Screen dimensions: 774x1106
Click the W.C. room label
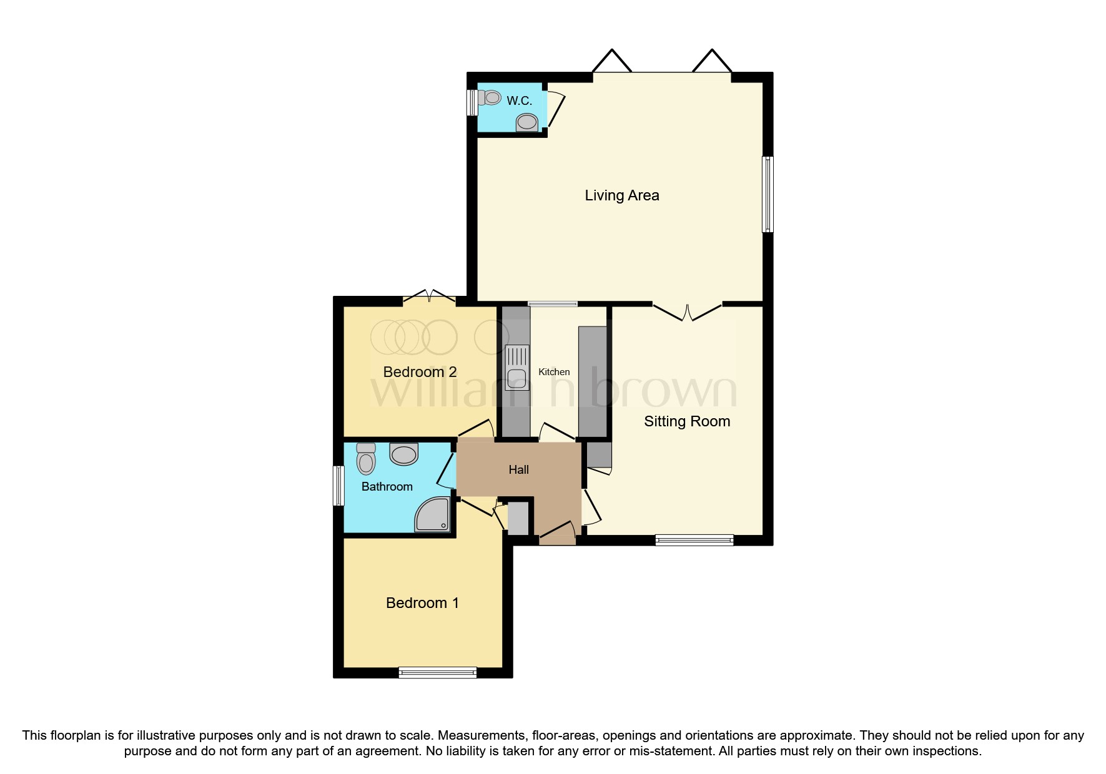(519, 100)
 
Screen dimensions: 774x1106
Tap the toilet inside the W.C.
(490, 98)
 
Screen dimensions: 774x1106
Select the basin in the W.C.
(527, 122)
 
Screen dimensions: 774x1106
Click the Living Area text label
(621, 195)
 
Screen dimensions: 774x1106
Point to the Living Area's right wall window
(768, 194)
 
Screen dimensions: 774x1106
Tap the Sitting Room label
(687, 421)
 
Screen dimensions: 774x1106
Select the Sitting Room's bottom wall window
(694, 540)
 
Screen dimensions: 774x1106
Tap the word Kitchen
(554, 372)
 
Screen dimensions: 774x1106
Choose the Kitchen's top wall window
(553, 304)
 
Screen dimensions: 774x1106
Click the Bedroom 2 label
(420, 372)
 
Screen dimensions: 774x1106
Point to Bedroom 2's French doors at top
(430, 297)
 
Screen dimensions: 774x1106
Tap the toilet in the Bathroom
(366, 459)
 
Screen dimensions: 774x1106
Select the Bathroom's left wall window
(338, 486)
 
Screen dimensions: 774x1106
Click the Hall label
(518, 470)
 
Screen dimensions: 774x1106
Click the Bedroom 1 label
(422, 603)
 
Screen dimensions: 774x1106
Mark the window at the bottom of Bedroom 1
(437, 672)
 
